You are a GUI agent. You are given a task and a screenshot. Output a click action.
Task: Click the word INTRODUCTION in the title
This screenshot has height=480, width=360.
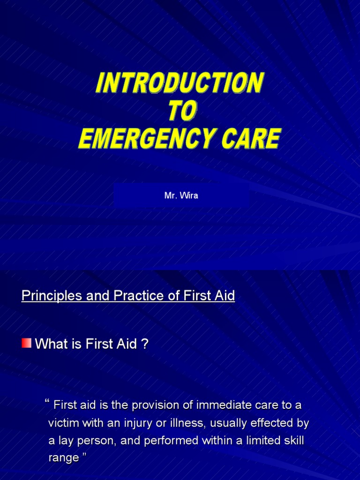pos(180,83)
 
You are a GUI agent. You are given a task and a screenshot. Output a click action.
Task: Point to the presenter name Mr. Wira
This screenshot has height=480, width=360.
pos(181,195)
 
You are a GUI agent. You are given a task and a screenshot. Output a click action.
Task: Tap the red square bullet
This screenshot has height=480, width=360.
pos(27,343)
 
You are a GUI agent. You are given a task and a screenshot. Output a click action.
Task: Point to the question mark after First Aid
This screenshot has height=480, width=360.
pos(145,345)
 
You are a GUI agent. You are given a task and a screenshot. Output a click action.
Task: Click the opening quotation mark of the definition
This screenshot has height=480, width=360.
pos(47,402)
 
